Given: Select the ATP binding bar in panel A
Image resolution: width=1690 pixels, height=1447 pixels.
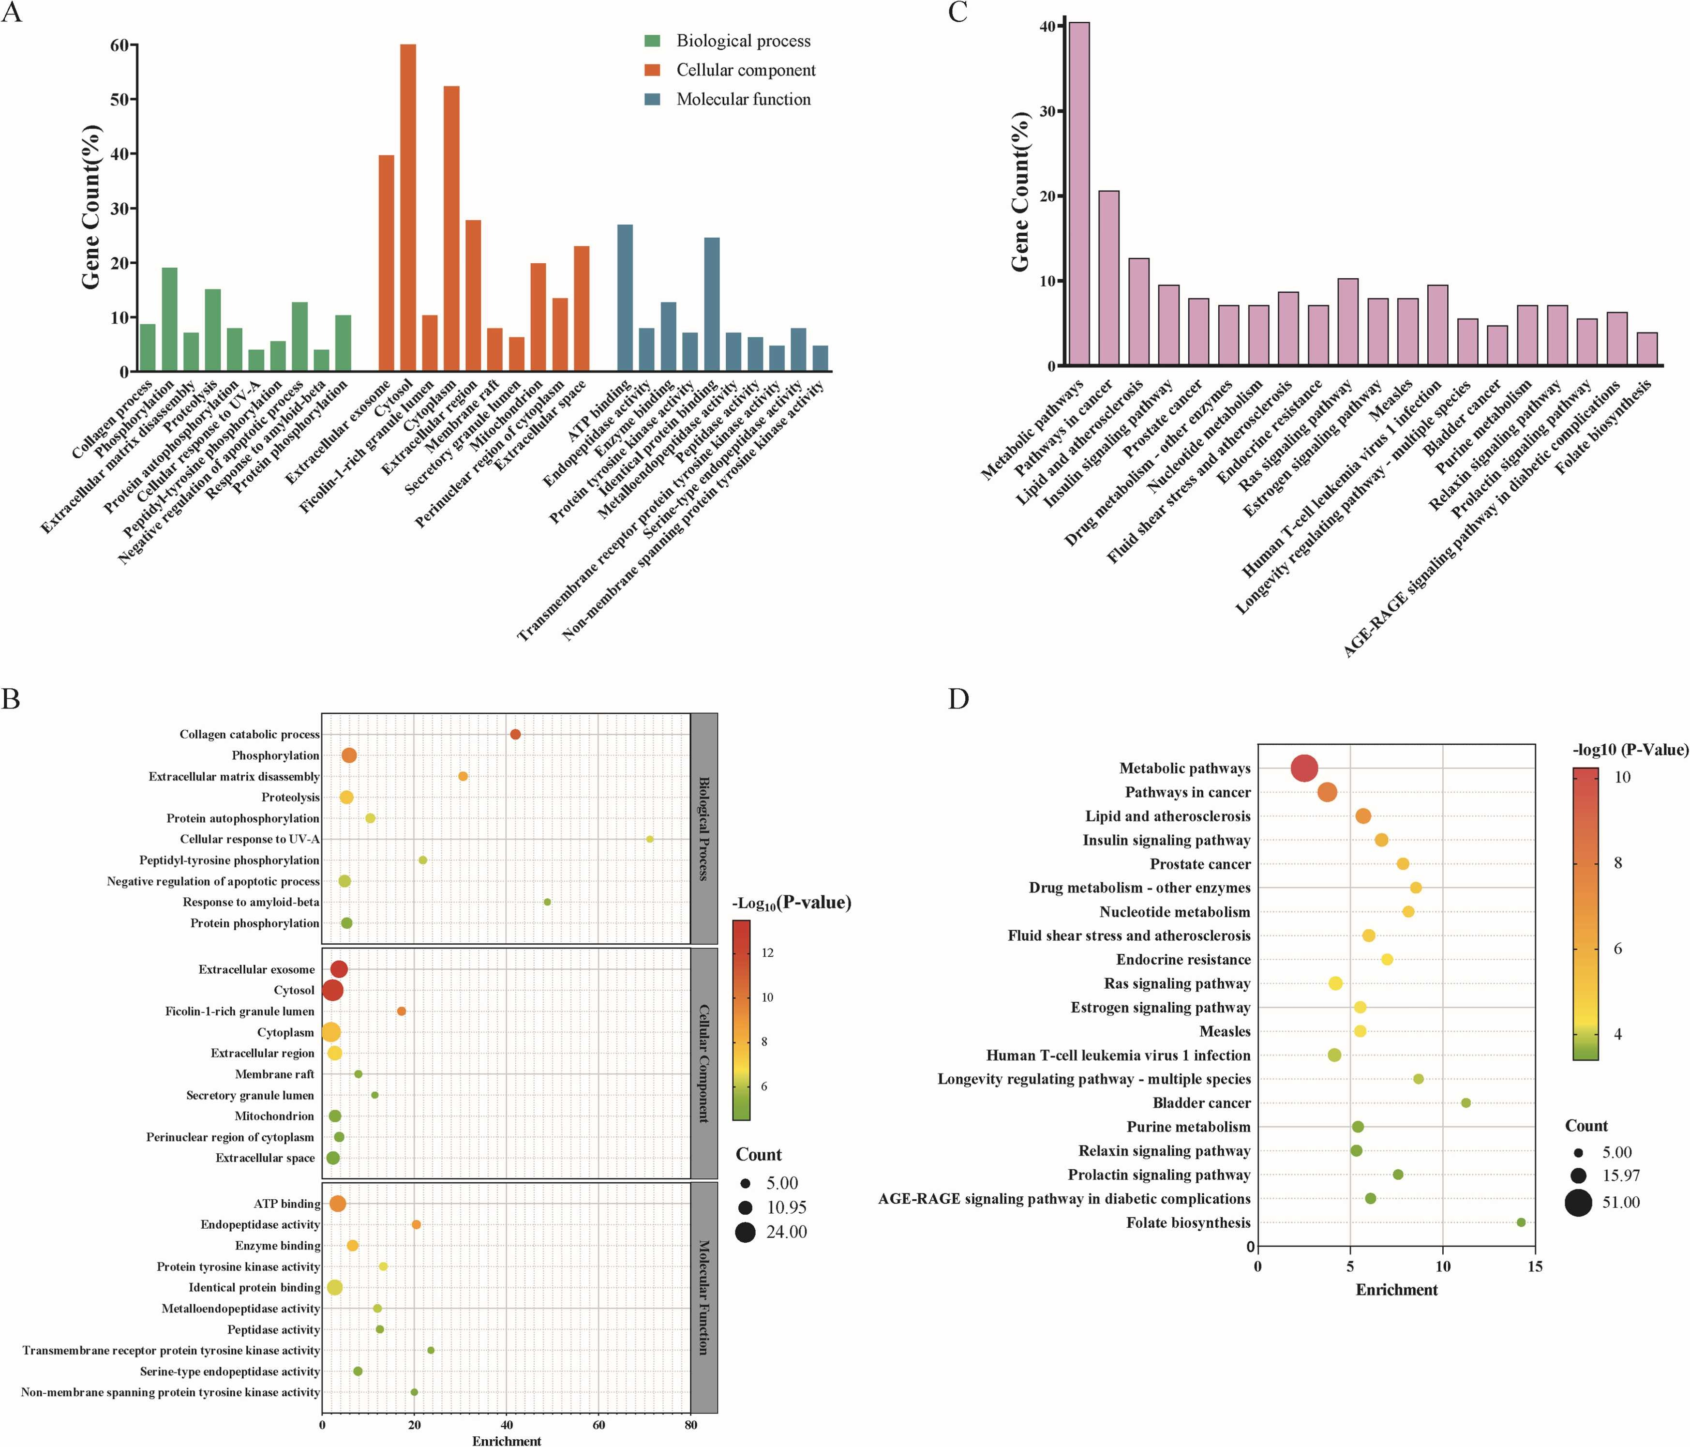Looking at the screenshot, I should coord(625,298).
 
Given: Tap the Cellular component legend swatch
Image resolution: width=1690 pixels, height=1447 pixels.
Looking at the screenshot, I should coord(653,70).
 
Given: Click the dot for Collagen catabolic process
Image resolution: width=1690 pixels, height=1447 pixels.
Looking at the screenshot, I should coord(515,734).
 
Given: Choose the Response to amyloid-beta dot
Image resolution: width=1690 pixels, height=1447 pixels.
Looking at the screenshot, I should coord(547,902).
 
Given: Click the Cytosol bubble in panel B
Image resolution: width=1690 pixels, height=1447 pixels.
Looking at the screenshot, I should coord(333,990).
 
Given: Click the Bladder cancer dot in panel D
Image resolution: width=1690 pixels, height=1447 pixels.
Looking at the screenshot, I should coord(1466,1103).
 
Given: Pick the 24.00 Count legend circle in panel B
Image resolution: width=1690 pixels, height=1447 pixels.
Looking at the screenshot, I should coord(745,1232).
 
